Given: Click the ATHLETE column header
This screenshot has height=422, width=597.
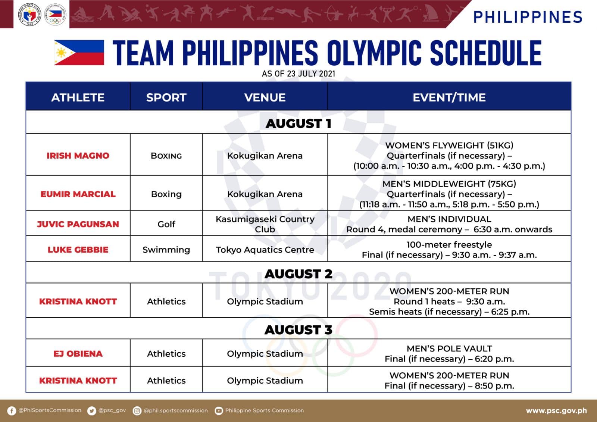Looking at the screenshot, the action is pyautogui.click(x=78, y=97).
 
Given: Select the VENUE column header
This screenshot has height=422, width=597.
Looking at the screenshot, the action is pyautogui.click(x=265, y=97).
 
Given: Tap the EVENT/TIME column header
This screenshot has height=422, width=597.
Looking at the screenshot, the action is pyautogui.click(x=449, y=97).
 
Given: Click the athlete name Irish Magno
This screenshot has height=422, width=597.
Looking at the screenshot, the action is pyautogui.click(x=78, y=156).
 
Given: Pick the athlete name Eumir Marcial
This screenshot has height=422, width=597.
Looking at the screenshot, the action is pyautogui.click(x=78, y=194).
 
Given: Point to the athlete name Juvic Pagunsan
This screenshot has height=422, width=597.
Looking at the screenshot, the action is pyautogui.click(x=78, y=224).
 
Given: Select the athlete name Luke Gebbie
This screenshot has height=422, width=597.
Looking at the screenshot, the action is pyautogui.click(x=78, y=250).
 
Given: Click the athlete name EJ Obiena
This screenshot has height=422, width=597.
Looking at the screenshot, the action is pyautogui.click(x=78, y=354).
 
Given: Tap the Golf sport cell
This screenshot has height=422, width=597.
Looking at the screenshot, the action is pyautogui.click(x=166, y=224).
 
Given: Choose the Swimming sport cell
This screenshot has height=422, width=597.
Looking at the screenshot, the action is pyautogui.click(x=166, y=250).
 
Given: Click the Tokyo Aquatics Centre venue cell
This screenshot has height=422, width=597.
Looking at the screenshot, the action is pyautogui.click(x=265, y=250).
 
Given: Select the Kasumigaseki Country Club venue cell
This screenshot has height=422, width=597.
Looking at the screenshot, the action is pyautogui.click(x=265, y=224).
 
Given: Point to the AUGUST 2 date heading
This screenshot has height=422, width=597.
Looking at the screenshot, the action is pyautogui.click(x=298, y=274).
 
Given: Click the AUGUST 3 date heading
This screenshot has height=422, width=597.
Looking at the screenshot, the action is pyautogui.click(x=298, y=330).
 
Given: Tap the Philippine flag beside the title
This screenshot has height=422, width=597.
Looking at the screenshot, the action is pyautogui.click(x=79, y=53).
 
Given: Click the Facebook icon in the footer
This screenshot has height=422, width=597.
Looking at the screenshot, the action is pyautogui.click(x=12, y=411).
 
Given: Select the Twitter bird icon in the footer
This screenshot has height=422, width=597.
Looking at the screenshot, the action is pyautogui.click(x=91, y=411).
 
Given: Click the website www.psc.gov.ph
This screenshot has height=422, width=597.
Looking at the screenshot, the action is pyautogui.click(x=556, y=411).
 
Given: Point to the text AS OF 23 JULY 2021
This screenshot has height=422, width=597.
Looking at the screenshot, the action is pyautogui.click(x=298, y=74).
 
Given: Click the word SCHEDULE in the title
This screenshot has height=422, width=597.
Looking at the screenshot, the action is pyautogui.click(x=485, y=53).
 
